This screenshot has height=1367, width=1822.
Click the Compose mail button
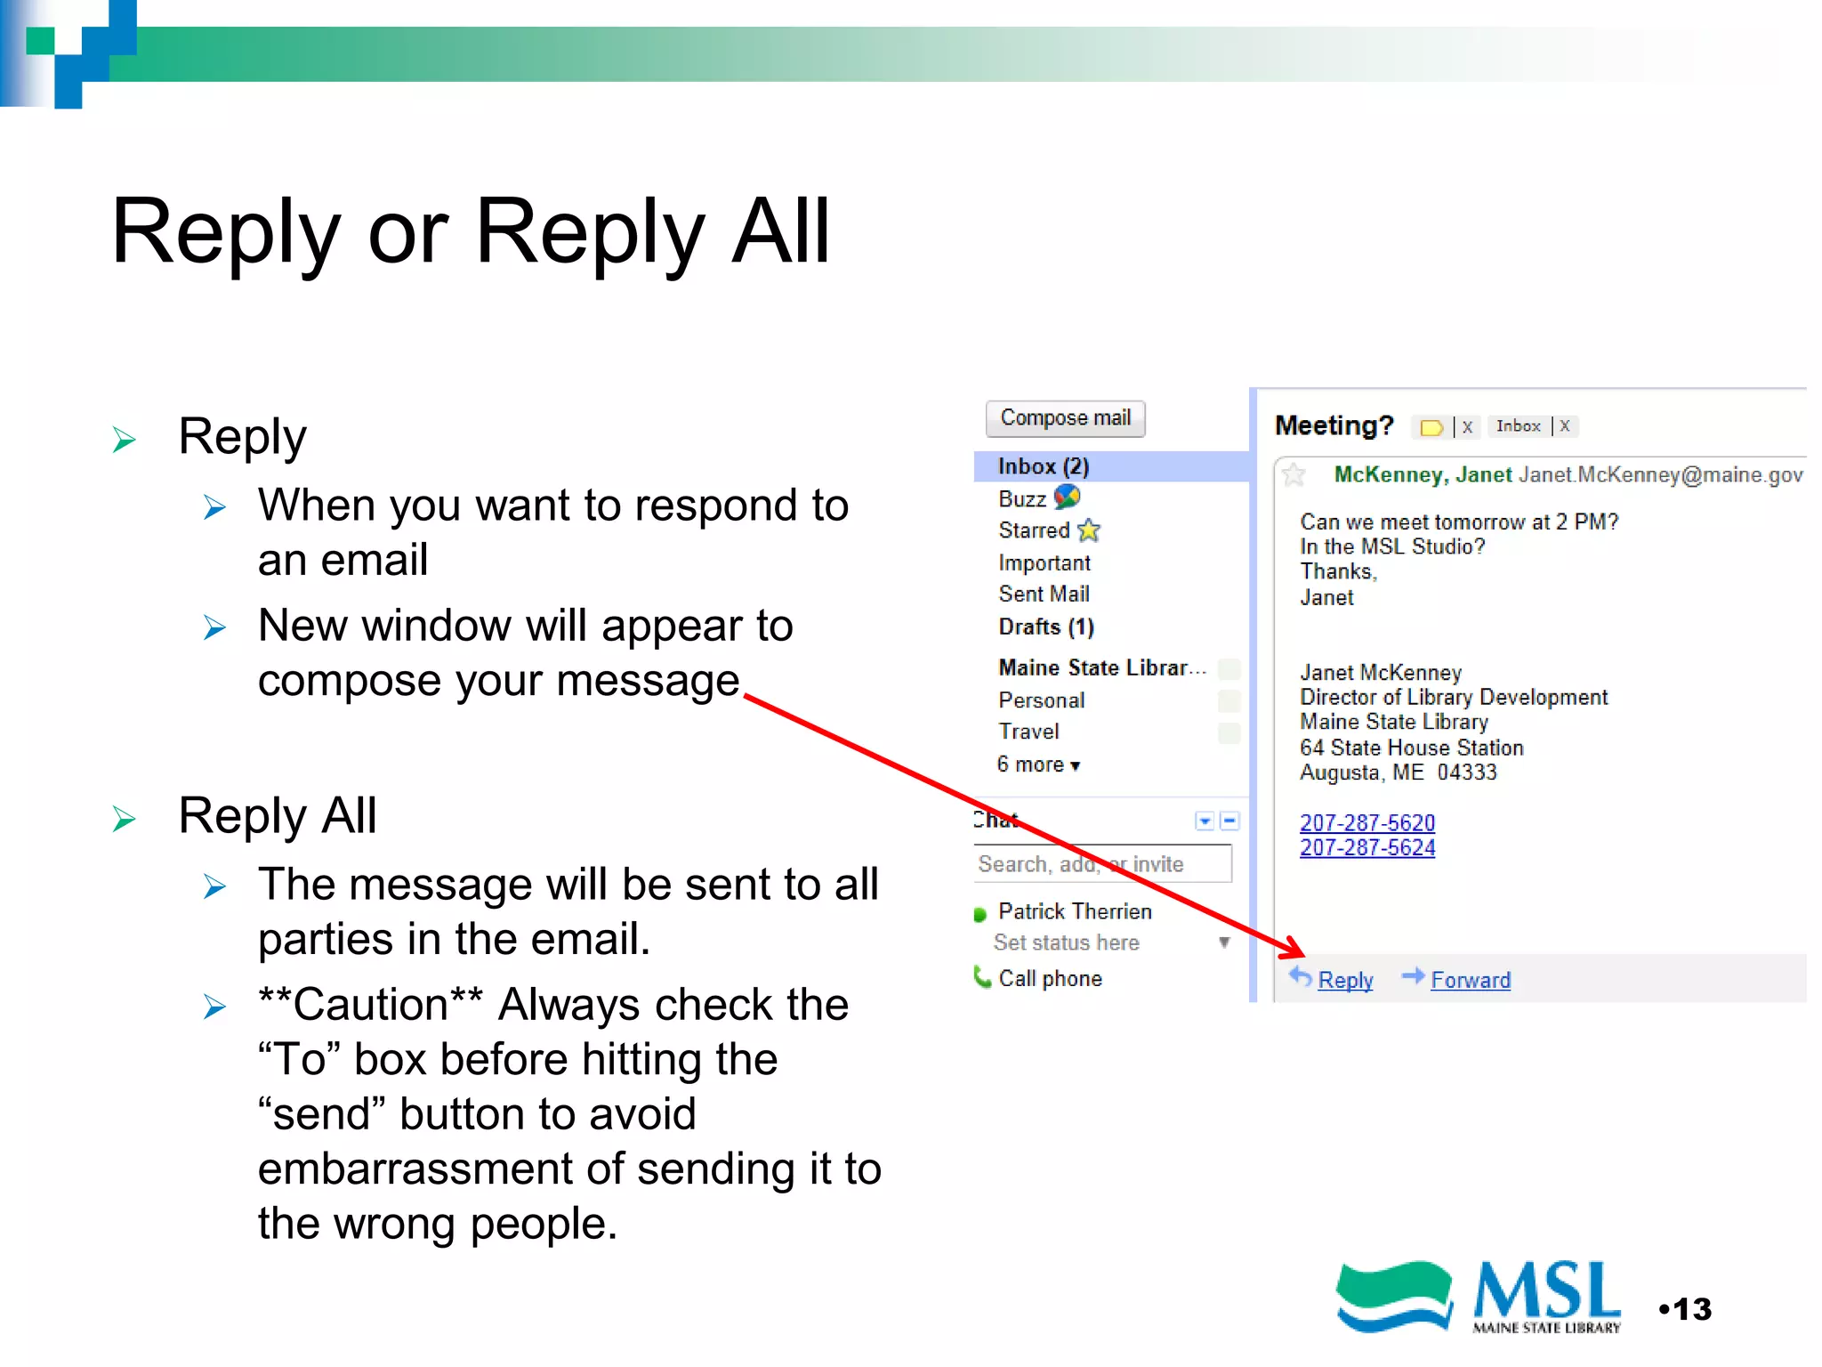coord(1065,418)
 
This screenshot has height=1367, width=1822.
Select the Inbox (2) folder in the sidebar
coord(1043,466)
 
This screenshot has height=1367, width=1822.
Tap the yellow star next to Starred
coord(1089,531)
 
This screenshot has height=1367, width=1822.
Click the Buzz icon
coord(1067,497)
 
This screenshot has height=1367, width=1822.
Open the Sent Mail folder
coord(1044,594)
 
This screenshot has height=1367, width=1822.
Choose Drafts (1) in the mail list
coord(1045,627)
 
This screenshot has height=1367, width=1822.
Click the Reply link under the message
coord(1344,980)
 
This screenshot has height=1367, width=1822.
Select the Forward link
coord(1470,980)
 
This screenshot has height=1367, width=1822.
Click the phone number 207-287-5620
coord(1366,822)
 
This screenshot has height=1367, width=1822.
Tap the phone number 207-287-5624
coord(1366,847)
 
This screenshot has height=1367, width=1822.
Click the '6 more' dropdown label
coord(1037,764)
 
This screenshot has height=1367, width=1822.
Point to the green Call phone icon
coord(982,977)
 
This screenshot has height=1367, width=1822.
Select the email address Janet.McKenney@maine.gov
coord(1660,474)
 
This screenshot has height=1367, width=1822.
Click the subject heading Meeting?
coord(1333,425)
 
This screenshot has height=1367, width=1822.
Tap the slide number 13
coord(1690,1309)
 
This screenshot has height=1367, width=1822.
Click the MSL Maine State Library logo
coord(1478,1297)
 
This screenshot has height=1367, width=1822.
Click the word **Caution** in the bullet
coord(370,1005)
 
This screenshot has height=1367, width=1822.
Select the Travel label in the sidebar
coord(1028,732)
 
